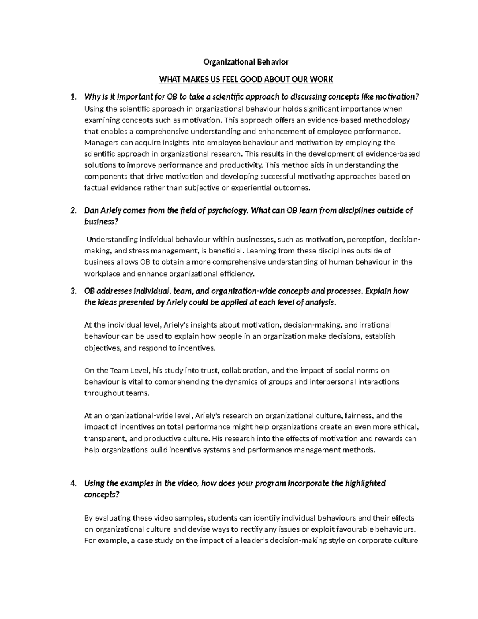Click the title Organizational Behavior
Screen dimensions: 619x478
246,62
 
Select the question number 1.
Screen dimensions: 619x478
72,97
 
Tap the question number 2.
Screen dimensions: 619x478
72,210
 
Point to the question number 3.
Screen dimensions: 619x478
72,291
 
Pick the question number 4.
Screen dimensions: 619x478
72,483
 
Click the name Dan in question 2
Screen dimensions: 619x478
90,210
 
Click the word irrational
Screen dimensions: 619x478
375,325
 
